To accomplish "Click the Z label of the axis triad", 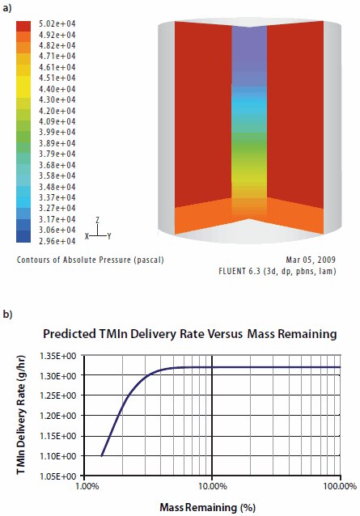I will [x=96, y=218].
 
